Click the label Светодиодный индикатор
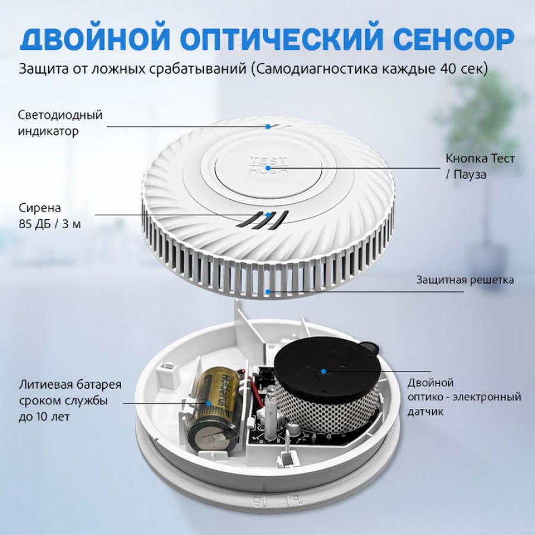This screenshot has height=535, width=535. click(60, 123)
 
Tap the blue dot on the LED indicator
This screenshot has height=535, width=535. click(268, 127)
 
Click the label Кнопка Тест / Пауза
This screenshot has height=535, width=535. click(480, 166)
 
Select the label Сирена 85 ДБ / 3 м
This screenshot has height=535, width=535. click(50, 216)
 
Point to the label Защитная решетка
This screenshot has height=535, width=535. click(465, 280)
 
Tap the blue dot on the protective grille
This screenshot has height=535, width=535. click(268, 292)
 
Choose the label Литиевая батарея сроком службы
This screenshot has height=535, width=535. click(70, 392)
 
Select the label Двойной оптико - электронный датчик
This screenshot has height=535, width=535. click(464, 397)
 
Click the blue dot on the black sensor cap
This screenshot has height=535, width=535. click(323, 371)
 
